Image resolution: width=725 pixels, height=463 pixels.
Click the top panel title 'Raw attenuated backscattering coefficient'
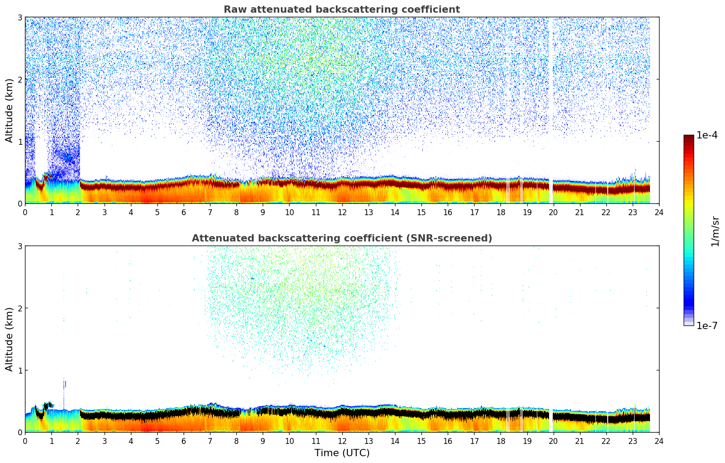[341, 10]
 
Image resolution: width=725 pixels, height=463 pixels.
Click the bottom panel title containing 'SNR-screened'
[341, 238]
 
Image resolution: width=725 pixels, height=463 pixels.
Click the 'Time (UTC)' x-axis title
[342, 453]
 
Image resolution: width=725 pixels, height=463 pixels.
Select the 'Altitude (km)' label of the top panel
[9, 110]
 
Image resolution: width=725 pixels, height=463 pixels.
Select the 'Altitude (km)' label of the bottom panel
[9, 339]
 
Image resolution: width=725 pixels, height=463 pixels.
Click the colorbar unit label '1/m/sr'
[715, 231]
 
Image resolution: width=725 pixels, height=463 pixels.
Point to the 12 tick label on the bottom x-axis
[342, 441]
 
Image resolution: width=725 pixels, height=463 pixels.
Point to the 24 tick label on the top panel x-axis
[659, 212]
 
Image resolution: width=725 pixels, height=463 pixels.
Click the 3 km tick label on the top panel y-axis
[20, 17]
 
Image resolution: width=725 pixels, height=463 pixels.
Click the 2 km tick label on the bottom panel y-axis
[20, 308]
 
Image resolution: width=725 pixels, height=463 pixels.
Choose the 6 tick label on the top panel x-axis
[184, 212]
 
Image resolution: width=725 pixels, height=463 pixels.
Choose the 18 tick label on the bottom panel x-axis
[500, 441]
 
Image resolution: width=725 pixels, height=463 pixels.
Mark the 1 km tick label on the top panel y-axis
[20, 142]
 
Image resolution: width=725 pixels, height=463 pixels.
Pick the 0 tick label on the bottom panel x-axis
[25, 441]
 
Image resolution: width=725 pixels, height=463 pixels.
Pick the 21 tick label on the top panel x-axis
[580, 212]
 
